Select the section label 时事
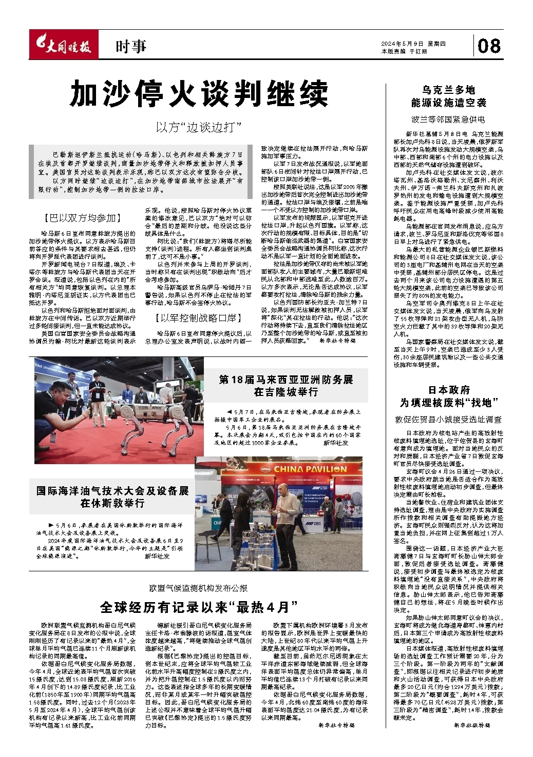(130, 47)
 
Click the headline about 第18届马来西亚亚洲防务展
(286, 386)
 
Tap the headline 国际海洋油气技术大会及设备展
(112, 497)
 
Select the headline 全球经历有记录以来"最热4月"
(199, 607)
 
